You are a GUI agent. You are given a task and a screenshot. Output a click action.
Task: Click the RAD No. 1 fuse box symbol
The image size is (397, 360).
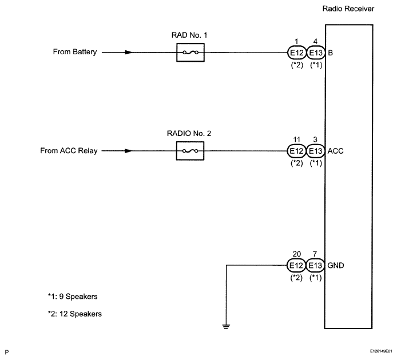[x=190, y=53]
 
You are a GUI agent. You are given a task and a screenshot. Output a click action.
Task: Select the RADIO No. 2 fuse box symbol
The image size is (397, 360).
[x=190, y=151]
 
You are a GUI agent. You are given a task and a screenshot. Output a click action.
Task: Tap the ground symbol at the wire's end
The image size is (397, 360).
[x=226, y=326]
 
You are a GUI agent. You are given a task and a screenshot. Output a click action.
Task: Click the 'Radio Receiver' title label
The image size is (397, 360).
[x=348, y=9]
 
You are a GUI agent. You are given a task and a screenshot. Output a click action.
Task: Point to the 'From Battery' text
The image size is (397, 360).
[x=75, y=52]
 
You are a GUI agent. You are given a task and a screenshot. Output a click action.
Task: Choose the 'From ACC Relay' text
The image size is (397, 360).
[x=69, y=151]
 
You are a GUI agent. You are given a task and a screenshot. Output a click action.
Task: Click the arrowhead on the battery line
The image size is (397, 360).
[x=129, y=53]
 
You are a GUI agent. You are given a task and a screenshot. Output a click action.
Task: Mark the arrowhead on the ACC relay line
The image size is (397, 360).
[x=129, y=151]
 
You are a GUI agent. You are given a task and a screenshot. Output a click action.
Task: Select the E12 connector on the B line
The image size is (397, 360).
[x=297, y=53]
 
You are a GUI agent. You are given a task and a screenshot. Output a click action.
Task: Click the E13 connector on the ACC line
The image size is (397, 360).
[x=315, y=151]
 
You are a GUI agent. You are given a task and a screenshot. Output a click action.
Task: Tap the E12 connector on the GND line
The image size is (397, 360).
[x=296, y=265]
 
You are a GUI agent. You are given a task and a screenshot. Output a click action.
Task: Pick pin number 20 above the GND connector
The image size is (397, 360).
[x=297, y=254]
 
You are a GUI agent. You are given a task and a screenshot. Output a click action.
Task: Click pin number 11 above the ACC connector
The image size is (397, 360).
[x=296, y=139]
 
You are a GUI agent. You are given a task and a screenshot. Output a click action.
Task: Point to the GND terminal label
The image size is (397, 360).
[x=336, y=266]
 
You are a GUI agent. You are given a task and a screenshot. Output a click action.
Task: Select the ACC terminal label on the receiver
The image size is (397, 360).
[x=336, y=151]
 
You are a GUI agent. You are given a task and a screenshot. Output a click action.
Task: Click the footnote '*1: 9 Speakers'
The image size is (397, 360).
[x=73, y=297]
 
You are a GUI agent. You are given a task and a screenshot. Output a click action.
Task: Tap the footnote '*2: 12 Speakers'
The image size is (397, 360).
[x=75, y=314]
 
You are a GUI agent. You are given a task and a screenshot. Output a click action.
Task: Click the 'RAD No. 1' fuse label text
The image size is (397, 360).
[x=189, y=35]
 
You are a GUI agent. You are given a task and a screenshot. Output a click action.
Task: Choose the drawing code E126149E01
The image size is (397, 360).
[x=381, y=351]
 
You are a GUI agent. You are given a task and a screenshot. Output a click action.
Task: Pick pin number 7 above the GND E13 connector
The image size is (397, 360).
[x=315, y=254]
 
